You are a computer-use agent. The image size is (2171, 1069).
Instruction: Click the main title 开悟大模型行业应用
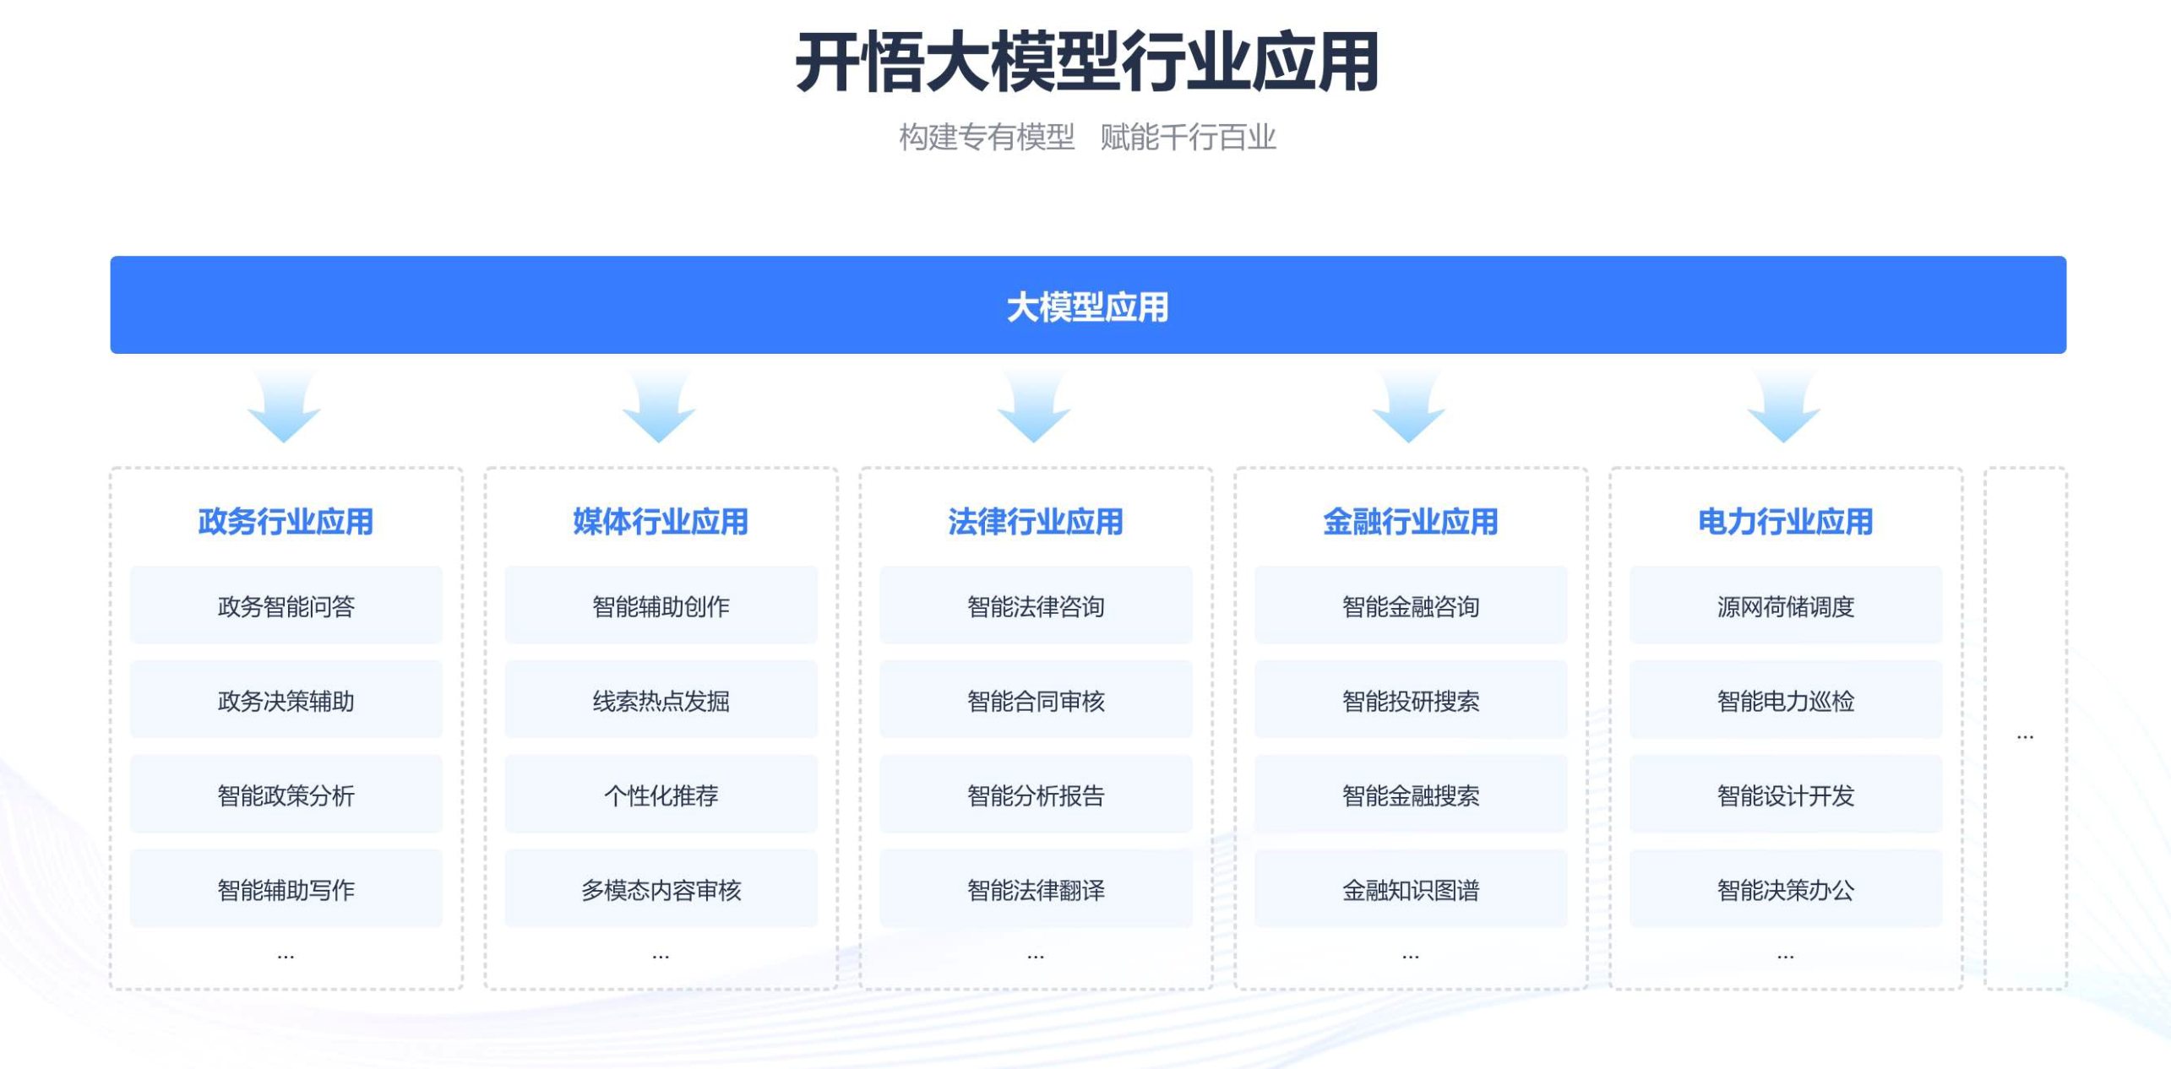pyautogui.click(x=1087, y=62)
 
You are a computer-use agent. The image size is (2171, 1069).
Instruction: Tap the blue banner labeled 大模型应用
pyautogui.click(x=1088, y=305)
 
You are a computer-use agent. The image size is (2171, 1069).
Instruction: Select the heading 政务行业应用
pyautogui.click(x=286, y=521)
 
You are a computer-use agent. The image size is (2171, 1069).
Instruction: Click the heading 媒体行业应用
pyautogui.click(x=661, y=521)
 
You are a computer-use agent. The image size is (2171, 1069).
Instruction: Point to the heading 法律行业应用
pyautogui.click(x=1036, y=521)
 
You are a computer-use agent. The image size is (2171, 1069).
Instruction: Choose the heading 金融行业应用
pyautogui.click(x=1411, y=521)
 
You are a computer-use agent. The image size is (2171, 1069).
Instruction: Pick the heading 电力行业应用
pyautogui.click(x=1786, y=521)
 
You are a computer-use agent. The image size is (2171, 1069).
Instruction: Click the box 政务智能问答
pyautogui.click(x=286, y=605)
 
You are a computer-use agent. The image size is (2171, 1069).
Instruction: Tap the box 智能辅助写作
pyautogui.click(x=286, y=889)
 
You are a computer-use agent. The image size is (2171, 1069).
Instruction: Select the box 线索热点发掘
pyautogui.click(x=661, y=700)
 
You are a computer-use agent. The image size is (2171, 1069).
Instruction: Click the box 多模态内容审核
pyautogui.click(x=661, y=889)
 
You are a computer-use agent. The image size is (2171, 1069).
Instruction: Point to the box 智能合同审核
pyautogui.click(x=1037, y=700)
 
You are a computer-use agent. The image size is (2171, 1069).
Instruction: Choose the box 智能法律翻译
pyautogui.click(x=1037, y=889)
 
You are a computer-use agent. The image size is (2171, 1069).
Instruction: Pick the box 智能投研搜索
pyautogui.click(x=1412, y=700)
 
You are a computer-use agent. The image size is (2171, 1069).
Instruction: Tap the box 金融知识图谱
pyautogui.click(x=1412, y=889)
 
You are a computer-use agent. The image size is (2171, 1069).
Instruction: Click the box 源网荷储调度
pyautogui.click(x=1787, y=605)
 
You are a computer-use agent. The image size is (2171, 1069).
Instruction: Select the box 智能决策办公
pyautogui.click(x=1787, y=889)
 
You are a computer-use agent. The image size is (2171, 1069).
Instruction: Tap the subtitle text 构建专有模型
pyautogui.click(x=987, y=137)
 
